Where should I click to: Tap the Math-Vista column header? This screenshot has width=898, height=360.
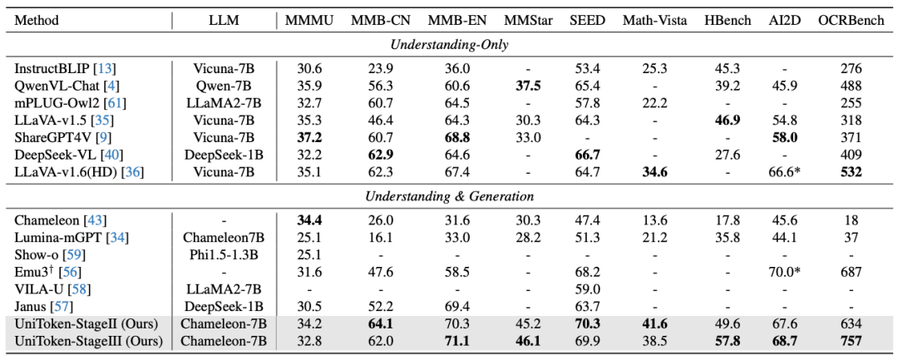(655, 20)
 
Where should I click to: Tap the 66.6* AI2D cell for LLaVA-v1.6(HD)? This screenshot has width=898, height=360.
(786, 172)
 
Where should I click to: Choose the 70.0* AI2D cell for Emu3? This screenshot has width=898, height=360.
(786, 272)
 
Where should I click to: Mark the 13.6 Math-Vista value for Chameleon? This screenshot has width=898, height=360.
(655, 219)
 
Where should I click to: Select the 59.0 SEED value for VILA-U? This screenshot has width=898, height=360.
(588, 288)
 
